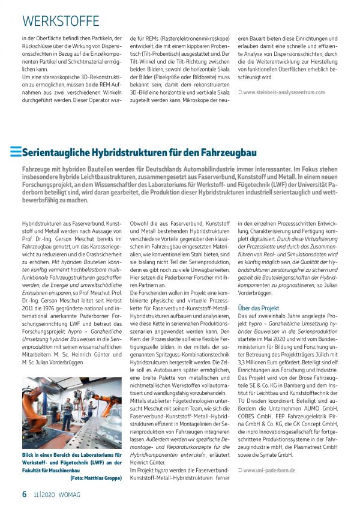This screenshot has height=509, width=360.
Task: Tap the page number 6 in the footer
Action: pos(24,494)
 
